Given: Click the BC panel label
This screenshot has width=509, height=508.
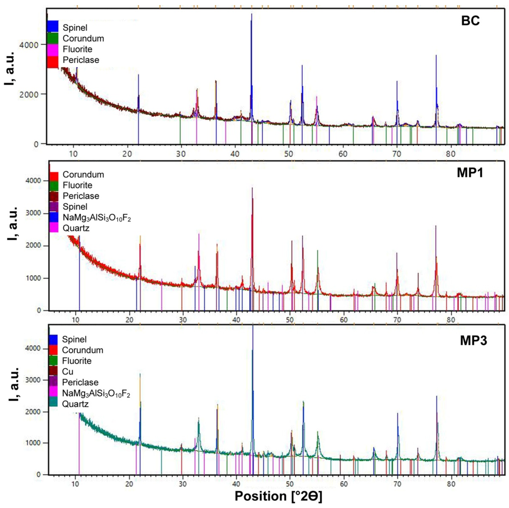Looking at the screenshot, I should tap(470, 21).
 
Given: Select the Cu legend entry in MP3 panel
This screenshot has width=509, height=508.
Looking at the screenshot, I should tap(68, 371).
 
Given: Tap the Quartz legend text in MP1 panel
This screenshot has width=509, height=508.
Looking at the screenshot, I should tap(76, 228).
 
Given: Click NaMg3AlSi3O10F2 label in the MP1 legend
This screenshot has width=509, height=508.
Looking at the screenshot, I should tap(97, 218).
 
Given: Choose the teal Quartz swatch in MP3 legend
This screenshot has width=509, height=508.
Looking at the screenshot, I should tap(53, 404).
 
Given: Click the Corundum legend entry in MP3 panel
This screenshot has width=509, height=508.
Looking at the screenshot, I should tap(82, 350).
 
